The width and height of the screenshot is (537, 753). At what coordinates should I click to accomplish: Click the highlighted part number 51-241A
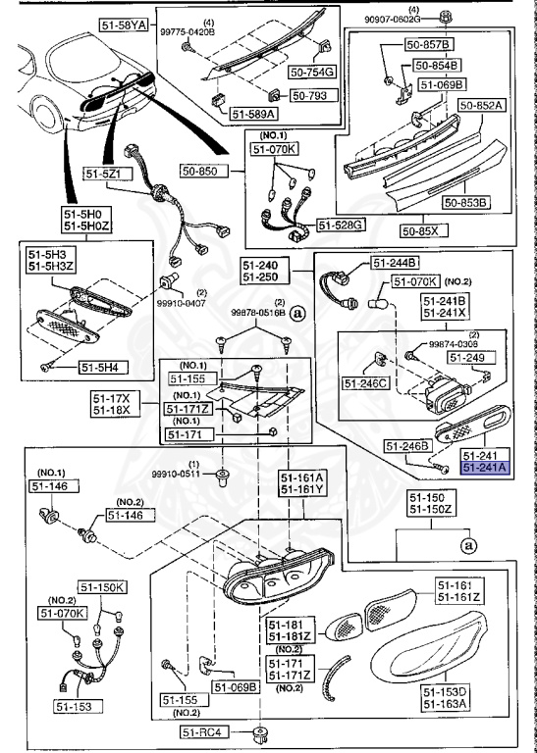click(485, 469)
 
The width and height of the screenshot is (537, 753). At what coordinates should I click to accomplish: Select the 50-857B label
click(432, 45)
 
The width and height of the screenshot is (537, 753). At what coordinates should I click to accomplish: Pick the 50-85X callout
click(423, 231)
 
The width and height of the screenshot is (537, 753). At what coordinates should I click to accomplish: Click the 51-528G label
click(346, 225)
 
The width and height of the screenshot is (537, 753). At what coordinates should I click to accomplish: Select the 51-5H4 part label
click(99, 368)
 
